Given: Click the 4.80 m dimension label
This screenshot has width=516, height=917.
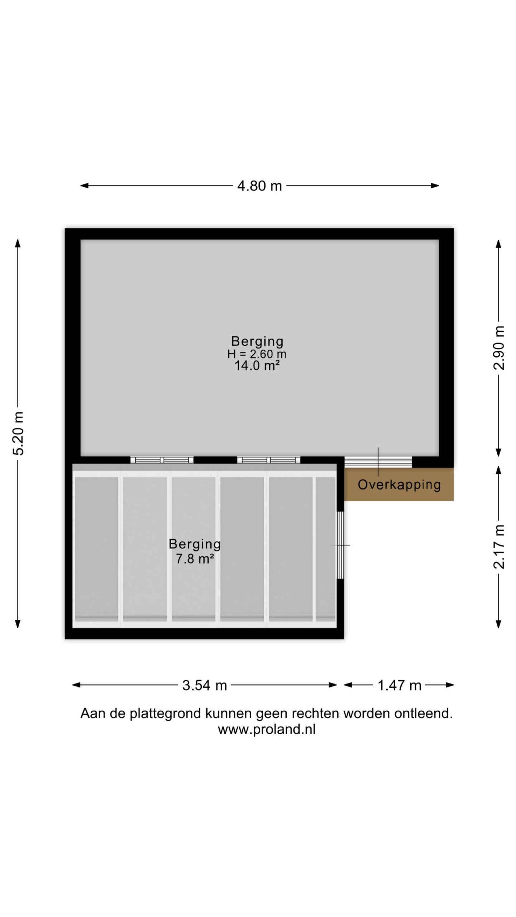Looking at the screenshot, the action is (x=259, y=186).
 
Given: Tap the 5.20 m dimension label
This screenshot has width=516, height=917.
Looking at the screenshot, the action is (x=18, y=433).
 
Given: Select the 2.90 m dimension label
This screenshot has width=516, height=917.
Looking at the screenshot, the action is (x=499, y=348).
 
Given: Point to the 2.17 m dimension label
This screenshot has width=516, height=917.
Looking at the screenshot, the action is (x=499, y=547).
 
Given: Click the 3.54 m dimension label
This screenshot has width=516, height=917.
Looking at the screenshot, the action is (x=205, y=685).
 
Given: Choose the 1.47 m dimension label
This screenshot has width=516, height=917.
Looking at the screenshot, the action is (x=399, y=685).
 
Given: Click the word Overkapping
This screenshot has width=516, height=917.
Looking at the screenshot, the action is (x=399, y=485).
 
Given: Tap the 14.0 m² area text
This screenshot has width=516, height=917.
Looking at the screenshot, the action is (x=257, y=366).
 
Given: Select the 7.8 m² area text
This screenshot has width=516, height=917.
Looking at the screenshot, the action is (x=195, y=558).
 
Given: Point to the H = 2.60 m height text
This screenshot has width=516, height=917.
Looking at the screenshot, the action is (x=257, y=354).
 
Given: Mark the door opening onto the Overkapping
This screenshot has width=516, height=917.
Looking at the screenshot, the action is (x=378, y=462).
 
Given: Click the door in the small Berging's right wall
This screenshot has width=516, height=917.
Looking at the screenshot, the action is (x=340, y=545).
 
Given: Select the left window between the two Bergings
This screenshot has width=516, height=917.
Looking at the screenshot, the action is (x=162, y=460).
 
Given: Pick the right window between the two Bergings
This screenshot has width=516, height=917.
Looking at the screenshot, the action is (x=269, y=460).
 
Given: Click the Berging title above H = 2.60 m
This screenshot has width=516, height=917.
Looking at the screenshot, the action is (x=257, y=342).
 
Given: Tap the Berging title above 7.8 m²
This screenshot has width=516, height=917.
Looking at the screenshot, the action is (x=195, y=544).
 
